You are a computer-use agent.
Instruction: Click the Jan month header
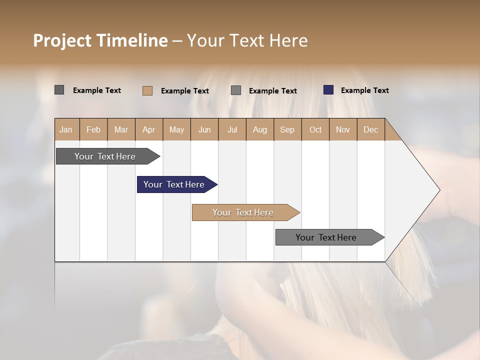tap(66, 129)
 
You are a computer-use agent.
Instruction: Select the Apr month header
tap(149, 129)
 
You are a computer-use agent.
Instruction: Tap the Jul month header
tap(232, 129)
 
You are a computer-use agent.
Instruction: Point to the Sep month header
tap(287, 129)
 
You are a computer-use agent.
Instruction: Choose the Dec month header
tap(370, 129)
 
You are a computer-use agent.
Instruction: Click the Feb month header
tap(93, 129)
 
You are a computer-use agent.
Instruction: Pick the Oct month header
tap(315, 129)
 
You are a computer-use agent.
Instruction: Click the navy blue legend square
tap(328, 90)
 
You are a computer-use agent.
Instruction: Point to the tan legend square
tap(147, 90)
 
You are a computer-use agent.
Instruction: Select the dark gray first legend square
tap(59, 90)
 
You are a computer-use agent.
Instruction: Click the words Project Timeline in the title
tap(100, 40)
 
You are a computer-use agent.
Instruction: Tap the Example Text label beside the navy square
tap(364, 90)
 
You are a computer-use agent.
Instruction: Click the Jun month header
tap(204, 129)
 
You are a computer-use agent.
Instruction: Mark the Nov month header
tap(343, 129)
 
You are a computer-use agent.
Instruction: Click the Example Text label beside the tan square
tap(184, 91)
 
